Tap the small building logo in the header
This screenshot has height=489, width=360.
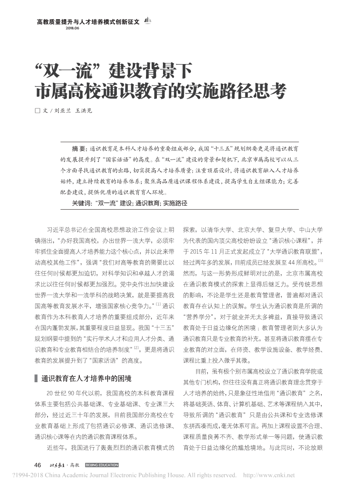click(148, 20)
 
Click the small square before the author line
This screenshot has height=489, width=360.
click(37, 111)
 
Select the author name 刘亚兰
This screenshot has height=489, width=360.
click(62, 111)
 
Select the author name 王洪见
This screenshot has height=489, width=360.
click(84, 111)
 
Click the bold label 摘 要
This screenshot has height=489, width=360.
click(79, 149)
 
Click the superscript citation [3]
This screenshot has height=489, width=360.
click(320, 261)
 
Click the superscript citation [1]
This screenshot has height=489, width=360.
click(158, 303)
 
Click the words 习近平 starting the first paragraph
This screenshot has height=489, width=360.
click(55, 229)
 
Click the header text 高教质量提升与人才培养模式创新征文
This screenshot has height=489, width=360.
click(88, 21)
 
